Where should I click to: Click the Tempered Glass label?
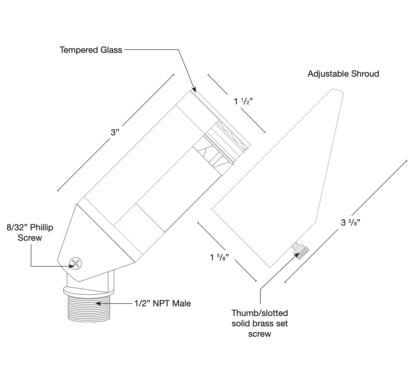point(91,50)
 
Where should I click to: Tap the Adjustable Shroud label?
point(343,74)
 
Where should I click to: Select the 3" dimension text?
point(115,132)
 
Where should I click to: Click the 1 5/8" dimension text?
point(220,258)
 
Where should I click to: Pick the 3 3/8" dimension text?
point(351,222)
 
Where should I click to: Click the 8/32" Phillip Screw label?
point(30,233)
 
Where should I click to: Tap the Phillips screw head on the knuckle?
point(76,264)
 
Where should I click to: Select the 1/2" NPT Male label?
point(162,304)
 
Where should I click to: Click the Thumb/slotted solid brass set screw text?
point(259,323)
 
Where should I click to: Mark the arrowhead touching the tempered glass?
point(194,90)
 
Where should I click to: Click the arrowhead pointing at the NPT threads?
point(99,304)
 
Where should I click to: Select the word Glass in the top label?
point(111,50)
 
